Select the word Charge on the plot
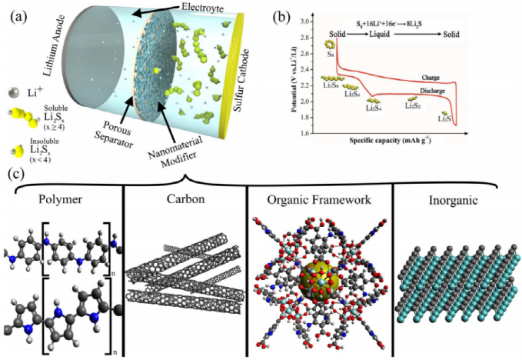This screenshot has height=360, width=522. point(431,78)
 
